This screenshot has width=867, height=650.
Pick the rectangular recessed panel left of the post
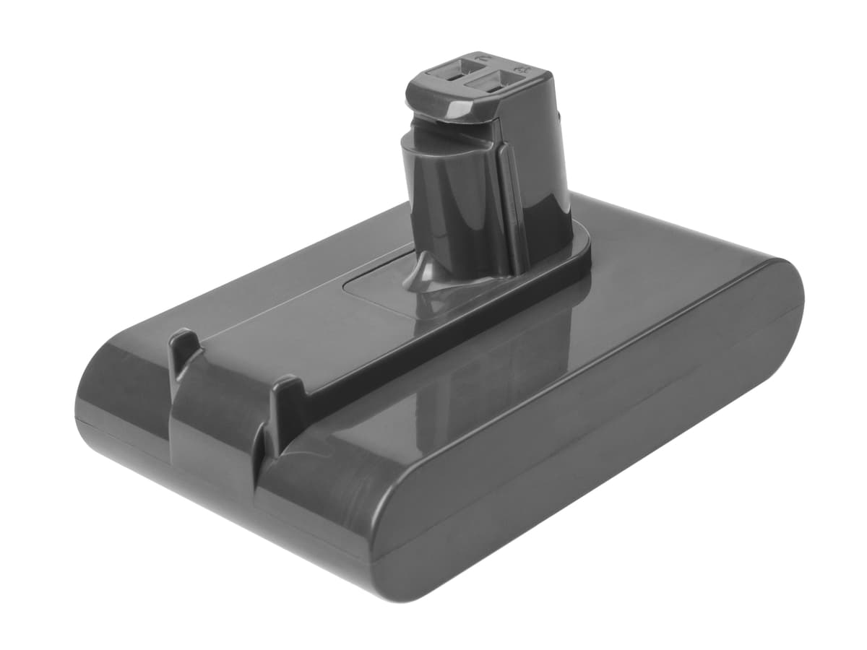tap(376, 285)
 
